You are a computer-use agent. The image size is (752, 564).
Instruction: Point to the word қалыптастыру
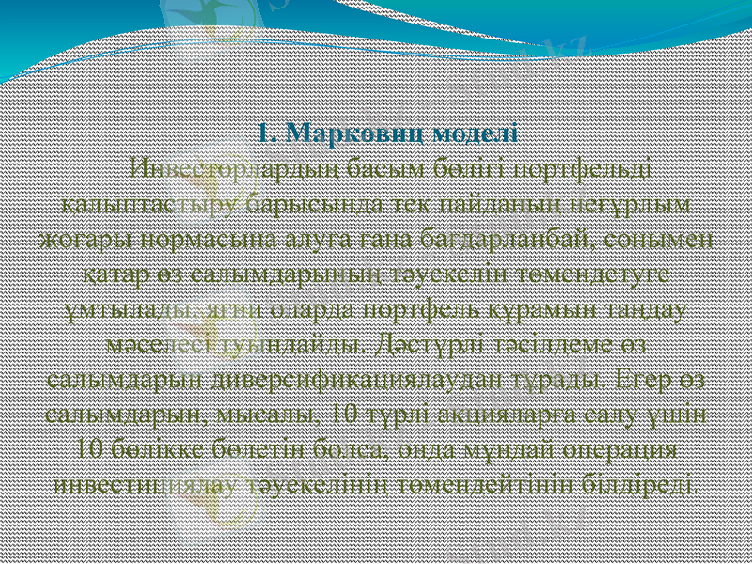click(153, 202)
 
